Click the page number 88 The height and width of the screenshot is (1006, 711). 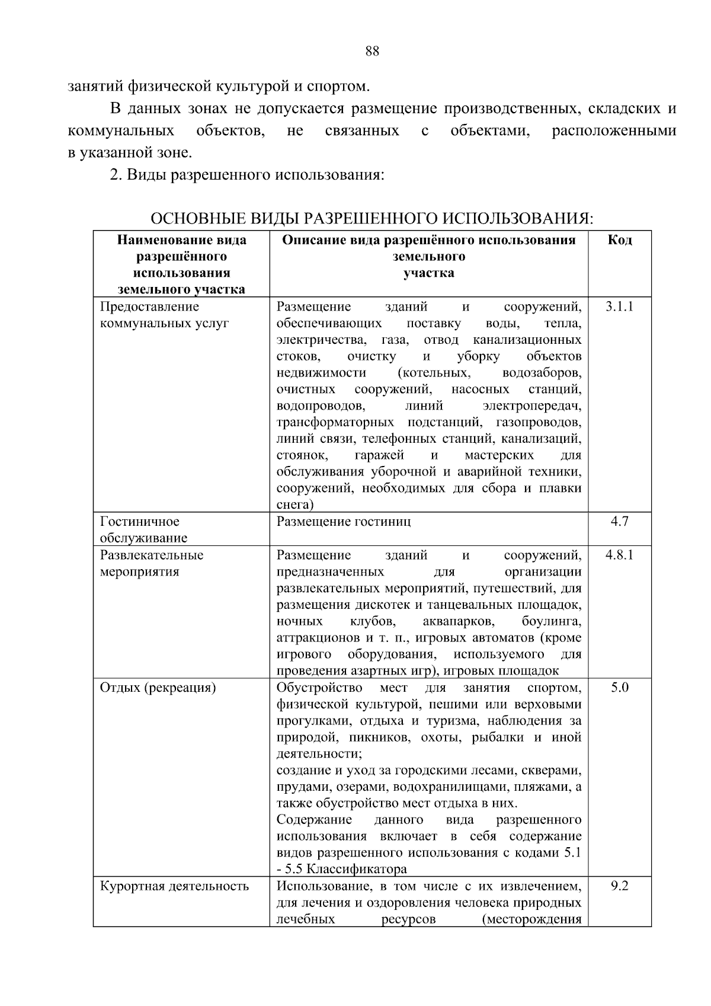tap(372, 52)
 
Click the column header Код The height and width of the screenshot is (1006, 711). tap(620, 240)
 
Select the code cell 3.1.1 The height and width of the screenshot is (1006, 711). tap(620, 306)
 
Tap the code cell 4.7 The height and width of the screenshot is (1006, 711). tap(620, 522)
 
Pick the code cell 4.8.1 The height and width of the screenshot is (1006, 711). tap(620, 555)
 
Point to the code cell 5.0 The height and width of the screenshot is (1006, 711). tap(620, 688)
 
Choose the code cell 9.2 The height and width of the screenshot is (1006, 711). tap(620, 886)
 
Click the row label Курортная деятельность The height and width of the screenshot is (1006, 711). tap(174, 886)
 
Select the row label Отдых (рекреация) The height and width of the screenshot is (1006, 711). tap(158, 688)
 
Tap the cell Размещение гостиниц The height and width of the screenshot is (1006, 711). tap(344, 522)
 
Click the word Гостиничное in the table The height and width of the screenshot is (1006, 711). tap(140, 522)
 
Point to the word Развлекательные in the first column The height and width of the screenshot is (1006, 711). tap(152, 555)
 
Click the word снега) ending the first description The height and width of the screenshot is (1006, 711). tap(294, 505)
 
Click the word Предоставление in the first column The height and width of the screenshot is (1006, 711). tap(149, 306)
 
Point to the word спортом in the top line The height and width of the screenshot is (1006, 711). tap(338, 87)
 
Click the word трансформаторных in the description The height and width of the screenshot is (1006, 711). tap(335, 423)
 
